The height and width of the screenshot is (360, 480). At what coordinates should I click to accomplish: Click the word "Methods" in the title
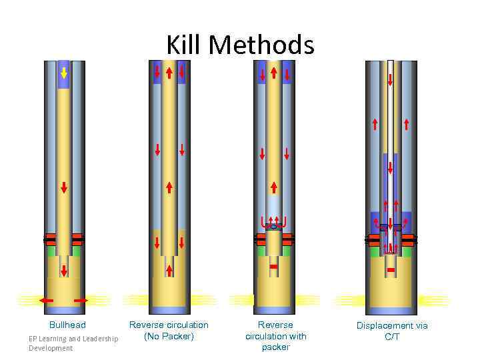click(261, 45)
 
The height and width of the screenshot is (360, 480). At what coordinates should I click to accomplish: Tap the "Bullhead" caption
click(67, 325)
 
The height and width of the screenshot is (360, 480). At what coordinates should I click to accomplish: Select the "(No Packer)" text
click(169, 336)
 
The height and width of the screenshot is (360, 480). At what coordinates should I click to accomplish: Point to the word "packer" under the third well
click(275, 347)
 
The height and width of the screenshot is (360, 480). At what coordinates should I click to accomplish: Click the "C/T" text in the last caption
click(392, 337)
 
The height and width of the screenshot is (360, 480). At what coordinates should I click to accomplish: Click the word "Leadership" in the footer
click(98, 339)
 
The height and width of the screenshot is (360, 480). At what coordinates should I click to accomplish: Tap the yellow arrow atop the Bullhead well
click(64, 72)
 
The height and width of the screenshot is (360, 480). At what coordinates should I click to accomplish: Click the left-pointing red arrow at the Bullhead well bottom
click(46, 301)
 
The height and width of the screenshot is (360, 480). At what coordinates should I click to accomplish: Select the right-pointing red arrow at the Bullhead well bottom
click(81, 301)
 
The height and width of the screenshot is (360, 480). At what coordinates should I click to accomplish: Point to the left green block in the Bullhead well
click(51, 251)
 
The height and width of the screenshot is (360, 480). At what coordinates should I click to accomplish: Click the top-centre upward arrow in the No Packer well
click(169, 72)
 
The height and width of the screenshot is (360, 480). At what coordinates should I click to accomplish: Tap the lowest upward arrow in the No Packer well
click(169, 269)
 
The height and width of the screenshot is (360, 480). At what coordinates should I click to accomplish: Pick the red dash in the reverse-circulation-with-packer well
click(273, 267)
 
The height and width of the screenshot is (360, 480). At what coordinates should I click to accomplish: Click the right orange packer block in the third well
click(288, 239)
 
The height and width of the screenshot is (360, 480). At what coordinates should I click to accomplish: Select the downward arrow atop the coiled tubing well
click(390, 80)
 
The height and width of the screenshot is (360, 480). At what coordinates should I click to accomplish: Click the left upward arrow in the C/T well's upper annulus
click(375, 123)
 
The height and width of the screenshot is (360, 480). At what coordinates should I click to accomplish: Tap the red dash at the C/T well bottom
click(391, 269)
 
